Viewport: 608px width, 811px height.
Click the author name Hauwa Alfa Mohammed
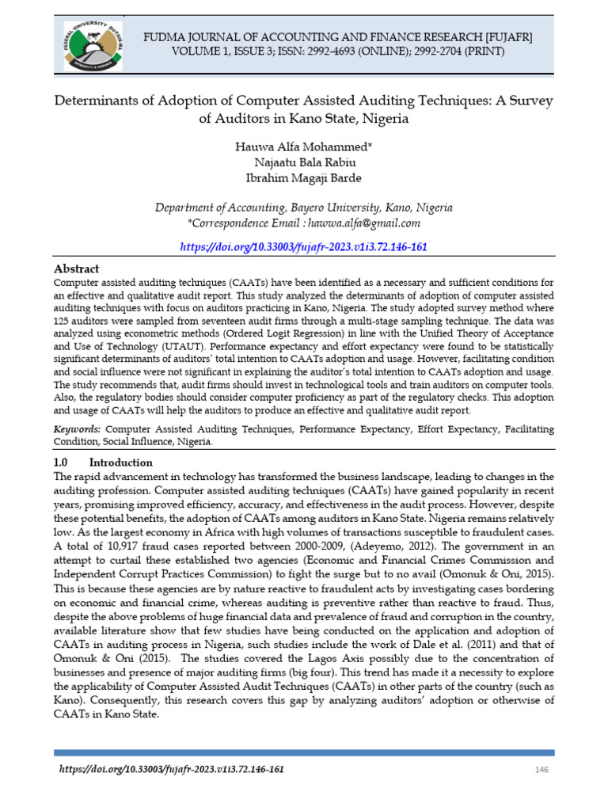click(304, 148)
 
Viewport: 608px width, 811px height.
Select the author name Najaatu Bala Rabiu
click(304, 163)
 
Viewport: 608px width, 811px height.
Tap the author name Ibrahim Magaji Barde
click(304, 178)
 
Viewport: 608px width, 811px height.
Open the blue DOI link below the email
click(304, 247)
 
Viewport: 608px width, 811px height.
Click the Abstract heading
click(76, 269)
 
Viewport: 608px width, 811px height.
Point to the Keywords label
click(77, 428)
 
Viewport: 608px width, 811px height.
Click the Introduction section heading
click(120, 462)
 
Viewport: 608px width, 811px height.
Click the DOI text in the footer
click(172, 770)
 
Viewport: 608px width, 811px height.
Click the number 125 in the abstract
click(63, 322)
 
